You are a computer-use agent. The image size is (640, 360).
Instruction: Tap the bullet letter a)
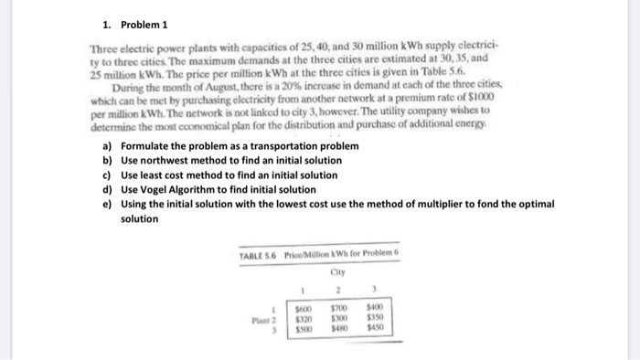pyautogui.click(x=107, y=146)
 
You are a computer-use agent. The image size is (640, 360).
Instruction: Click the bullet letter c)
pyautogui.click(x=107, y=175)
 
